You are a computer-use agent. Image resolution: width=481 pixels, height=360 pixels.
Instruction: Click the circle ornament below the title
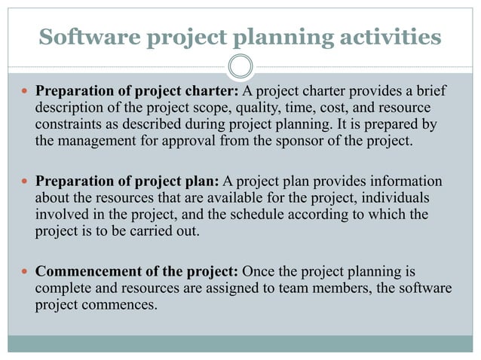[240, 66]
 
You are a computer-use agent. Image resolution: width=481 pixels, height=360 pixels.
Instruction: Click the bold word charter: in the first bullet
[213, 92]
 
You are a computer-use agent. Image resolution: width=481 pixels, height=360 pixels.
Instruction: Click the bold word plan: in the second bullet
[202, 182]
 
